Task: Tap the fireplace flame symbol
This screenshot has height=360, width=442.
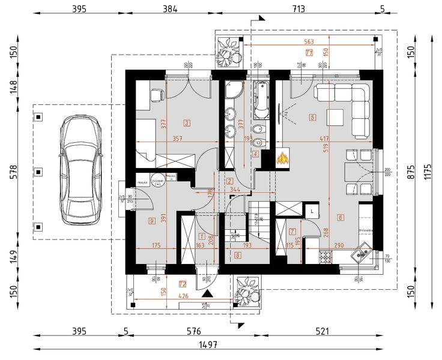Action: tap(282, 159)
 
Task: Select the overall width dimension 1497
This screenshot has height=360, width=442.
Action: tap(209, 345)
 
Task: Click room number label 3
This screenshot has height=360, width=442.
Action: tap(187, 124)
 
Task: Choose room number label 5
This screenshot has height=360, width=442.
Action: tap(312, 118)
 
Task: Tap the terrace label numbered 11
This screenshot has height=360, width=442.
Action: tap(309, 53)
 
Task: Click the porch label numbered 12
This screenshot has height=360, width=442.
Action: tap(183, 284)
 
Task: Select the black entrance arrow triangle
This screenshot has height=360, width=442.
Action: tap(207, 294)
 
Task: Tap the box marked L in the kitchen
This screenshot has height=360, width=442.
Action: tap(313, 212)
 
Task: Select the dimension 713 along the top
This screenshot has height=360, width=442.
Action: tap(298, 9)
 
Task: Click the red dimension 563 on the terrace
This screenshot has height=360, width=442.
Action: tap(309, 42)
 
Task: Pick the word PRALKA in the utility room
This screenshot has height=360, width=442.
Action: tap(143, 181)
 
